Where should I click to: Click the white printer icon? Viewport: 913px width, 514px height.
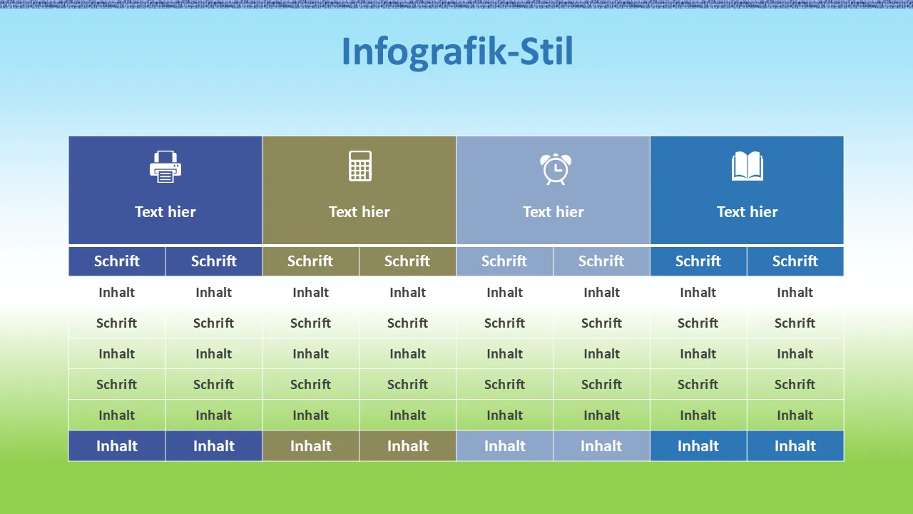point(165,166)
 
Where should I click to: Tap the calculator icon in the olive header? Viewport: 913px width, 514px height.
point(360,166)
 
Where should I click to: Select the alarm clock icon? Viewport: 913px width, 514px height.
point(556,169)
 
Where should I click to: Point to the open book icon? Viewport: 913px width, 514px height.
point(748,166)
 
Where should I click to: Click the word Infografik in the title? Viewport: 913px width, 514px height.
point(423,52)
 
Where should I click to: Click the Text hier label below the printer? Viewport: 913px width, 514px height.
point(165,212)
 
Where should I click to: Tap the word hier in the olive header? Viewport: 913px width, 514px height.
point(375,212)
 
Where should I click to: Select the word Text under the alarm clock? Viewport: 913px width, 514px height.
point(537,212)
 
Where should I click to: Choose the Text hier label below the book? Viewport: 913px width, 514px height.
point(748,212)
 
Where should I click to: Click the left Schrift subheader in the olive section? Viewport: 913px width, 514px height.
point(310,261)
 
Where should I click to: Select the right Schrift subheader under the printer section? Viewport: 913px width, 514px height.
point(213,261)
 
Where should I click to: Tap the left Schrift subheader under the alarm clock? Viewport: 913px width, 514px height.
point(504,261)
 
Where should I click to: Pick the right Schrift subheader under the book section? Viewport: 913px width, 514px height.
point(795,261)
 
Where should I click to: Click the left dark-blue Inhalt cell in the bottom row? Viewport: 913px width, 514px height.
point(117,446)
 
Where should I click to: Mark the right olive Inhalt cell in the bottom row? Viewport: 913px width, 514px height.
point(407,446)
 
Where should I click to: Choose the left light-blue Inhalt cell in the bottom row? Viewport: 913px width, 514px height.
point(504,446)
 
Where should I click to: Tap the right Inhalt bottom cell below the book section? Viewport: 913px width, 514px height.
point(795,446)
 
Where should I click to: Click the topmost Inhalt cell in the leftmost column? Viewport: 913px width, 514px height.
point(117,292)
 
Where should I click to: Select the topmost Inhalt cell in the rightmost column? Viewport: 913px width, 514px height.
point(795,292)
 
